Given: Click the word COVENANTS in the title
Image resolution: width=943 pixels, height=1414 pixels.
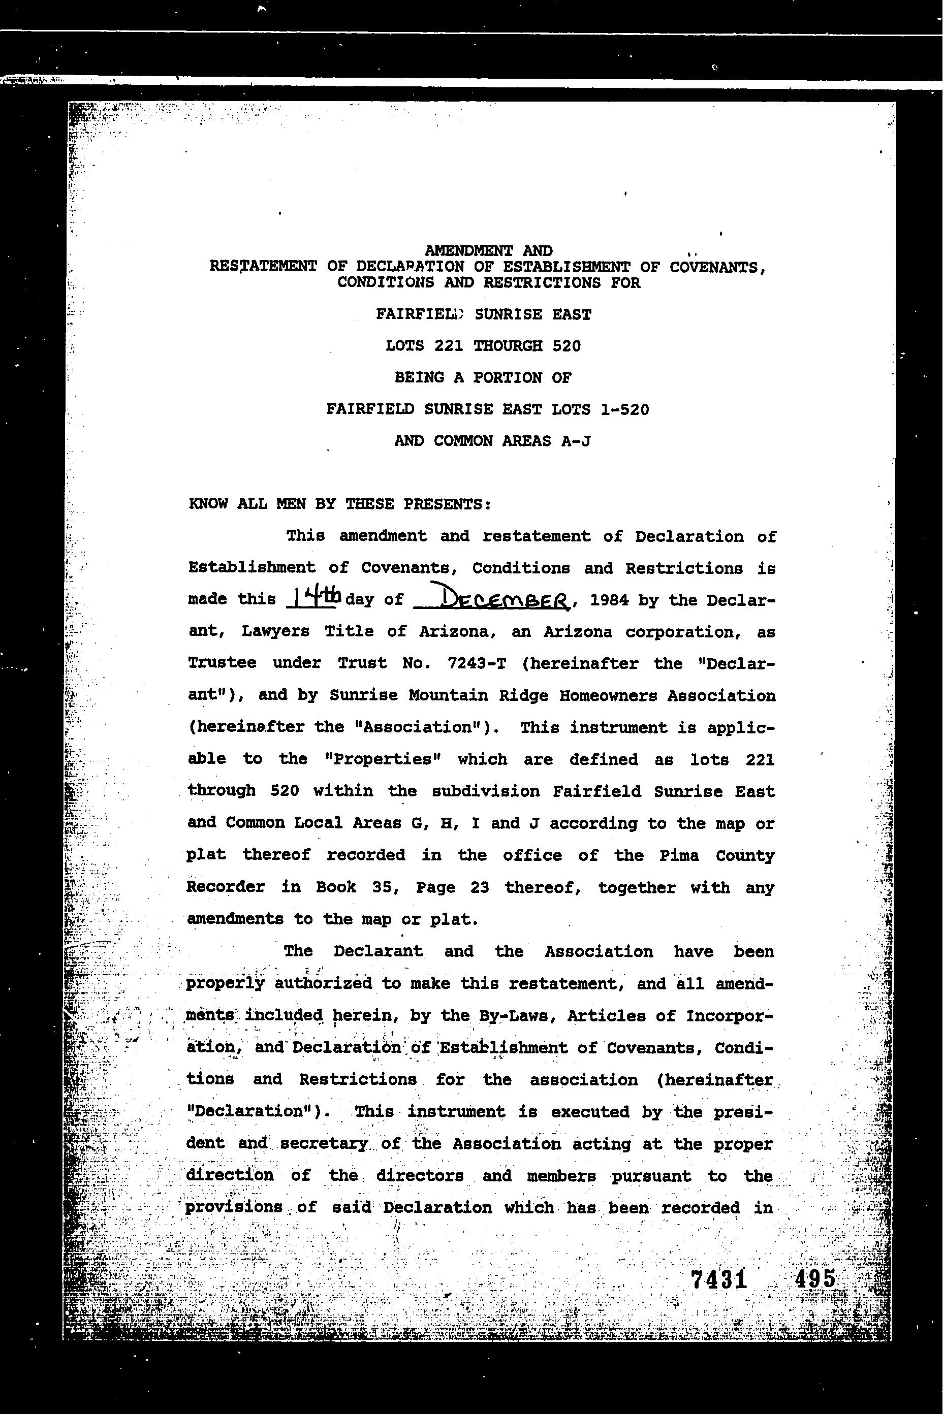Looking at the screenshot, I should pos(716,267).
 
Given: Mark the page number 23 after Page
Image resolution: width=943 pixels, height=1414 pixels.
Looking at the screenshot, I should pos(480,887).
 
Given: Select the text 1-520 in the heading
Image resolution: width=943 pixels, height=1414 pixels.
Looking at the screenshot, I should pos(624,410).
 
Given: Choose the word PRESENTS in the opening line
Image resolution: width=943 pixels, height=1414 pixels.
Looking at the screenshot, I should pos(446,504).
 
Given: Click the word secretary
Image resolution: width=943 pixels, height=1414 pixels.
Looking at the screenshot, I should pos(324,1143).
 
